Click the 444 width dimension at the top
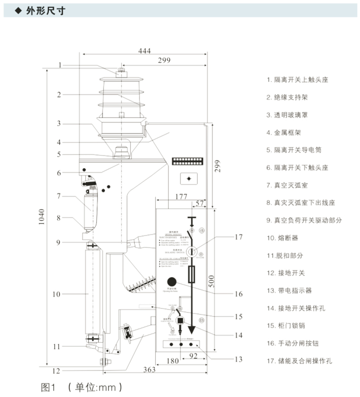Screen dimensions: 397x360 tap(145, 50)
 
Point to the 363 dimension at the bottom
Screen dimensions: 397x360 tap(148, 370)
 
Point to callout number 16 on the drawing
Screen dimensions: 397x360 tap(239, 294)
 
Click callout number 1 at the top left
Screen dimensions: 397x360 tap(59, 65)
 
